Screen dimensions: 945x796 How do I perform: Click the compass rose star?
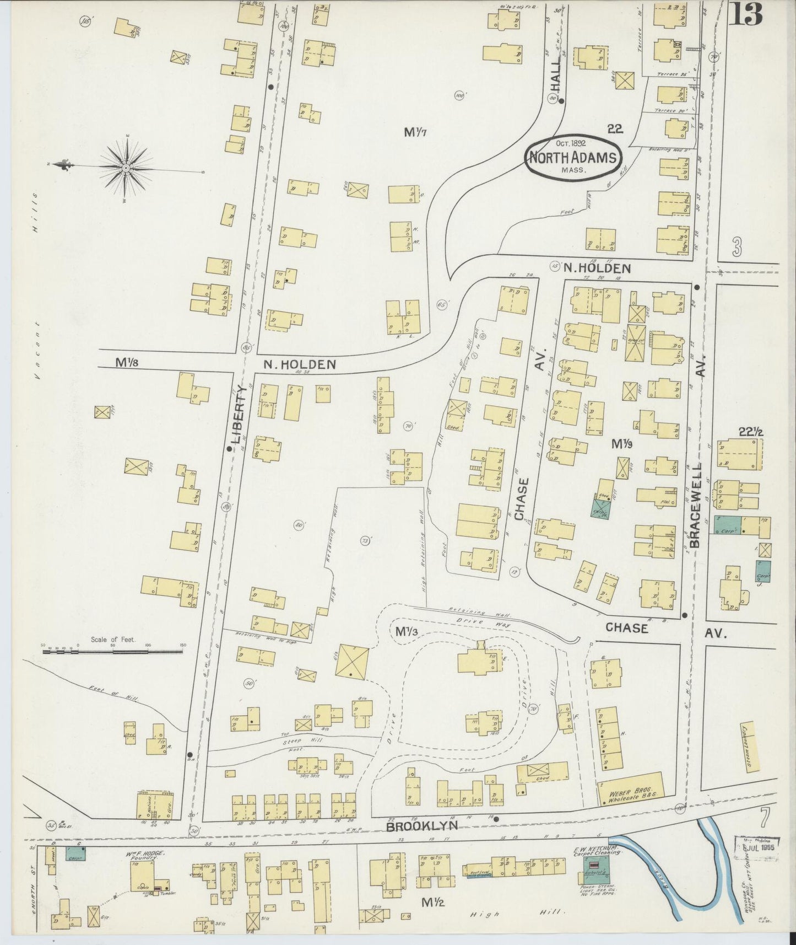(126, 167)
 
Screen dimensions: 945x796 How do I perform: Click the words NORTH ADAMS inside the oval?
(572, 157)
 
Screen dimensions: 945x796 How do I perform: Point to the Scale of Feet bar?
(112, 651)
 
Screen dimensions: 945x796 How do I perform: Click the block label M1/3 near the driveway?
(407, 631)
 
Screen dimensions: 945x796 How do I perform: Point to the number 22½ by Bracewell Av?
(754, 432)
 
